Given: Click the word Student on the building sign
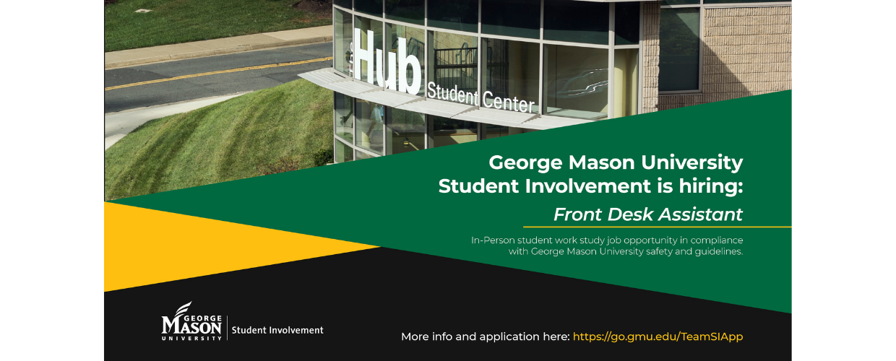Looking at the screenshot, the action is (x=452, y=92).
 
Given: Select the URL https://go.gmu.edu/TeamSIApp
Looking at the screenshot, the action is (x=658, y=337).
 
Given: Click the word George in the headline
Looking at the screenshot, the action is (x=525, y=163).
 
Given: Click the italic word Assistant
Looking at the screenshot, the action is (x=701, y=214).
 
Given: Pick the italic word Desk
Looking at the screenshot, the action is (x=630, y=214).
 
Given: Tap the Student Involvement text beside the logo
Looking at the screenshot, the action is (x=277, y=330).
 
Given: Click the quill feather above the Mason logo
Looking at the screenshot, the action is (x=184, y=308).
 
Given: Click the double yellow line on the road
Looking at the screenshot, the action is (x=218, y=73).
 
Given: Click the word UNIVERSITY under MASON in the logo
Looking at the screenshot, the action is (x=191, y=338).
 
